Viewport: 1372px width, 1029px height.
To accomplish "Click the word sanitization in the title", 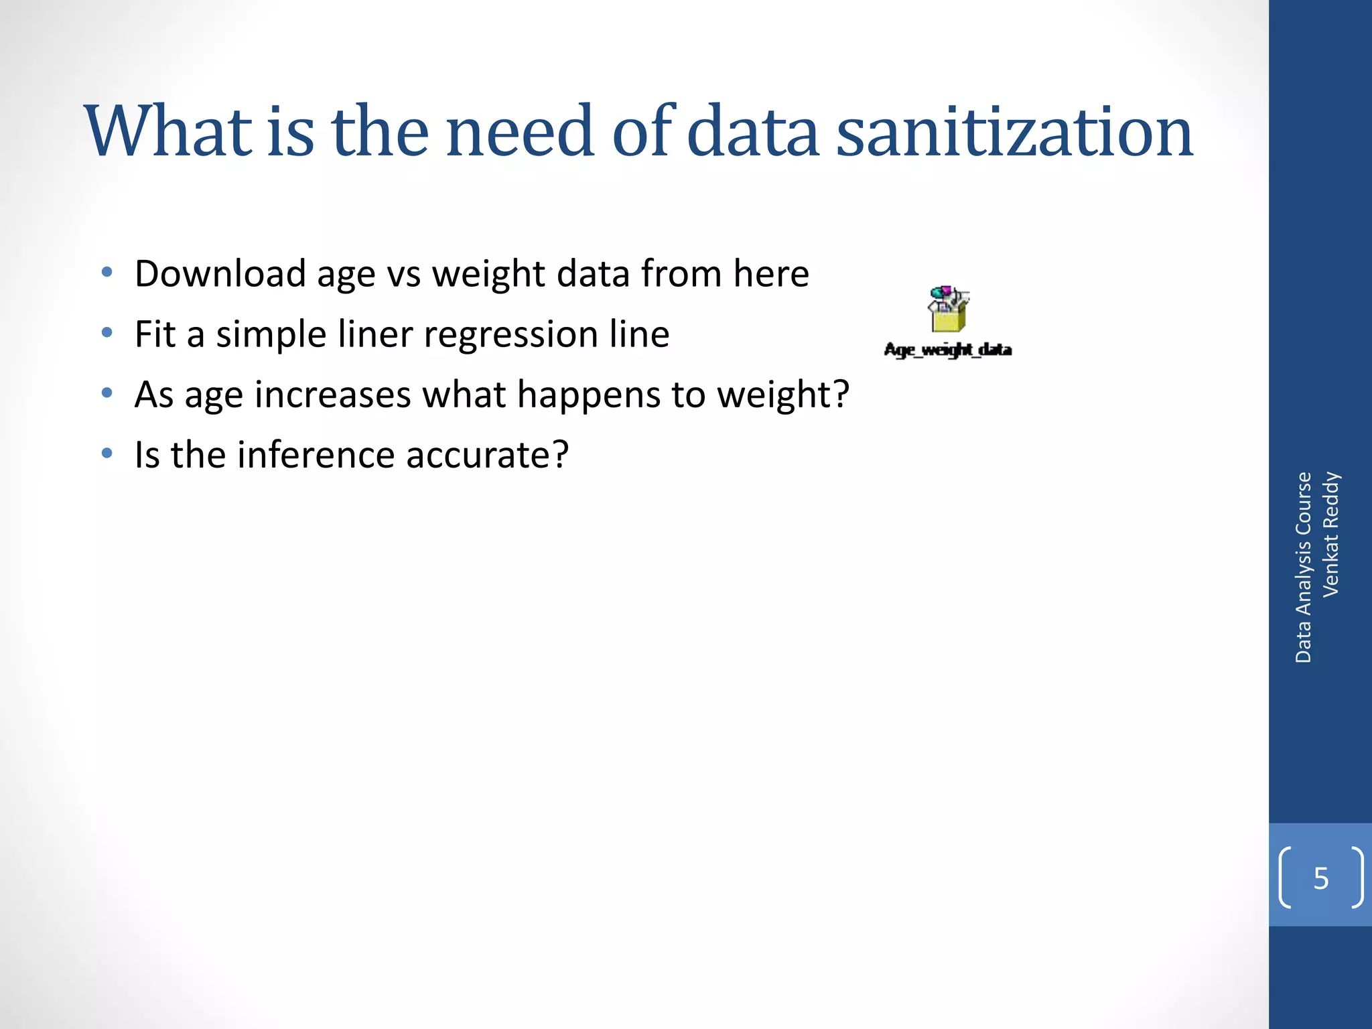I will tap(1014, 131).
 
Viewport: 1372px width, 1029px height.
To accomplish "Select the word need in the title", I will tap(520, 131).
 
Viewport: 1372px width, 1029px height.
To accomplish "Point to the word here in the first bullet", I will tap(771, 274).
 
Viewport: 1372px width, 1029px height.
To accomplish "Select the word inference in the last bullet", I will tap(316, 455).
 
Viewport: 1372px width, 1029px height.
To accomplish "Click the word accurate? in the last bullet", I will tap(487, 456).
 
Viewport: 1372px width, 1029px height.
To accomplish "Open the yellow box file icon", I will tap(948, 310).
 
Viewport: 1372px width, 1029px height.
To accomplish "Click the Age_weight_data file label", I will tap(947, 350).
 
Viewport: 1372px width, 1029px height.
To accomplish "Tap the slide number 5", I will tap(1320, 878).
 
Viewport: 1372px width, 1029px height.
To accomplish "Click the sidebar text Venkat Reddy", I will tap(1330, 534).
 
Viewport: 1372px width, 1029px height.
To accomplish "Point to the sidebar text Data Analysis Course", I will tap(1303, 567).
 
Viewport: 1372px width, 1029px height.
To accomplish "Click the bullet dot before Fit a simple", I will tap(107, 333).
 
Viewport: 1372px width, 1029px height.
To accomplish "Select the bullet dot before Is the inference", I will tap(107, 454).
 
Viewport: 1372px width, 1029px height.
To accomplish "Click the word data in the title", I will tap(752, 131).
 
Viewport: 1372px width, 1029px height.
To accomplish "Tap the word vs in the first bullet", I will tap(403, 275).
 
